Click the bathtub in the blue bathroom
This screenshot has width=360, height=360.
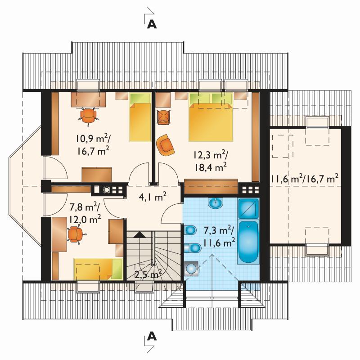[248, 242]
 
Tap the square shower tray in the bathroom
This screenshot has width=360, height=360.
[248, 208]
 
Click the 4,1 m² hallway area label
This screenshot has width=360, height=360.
[153, 197]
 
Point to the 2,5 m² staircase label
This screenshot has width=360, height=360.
[148, 274]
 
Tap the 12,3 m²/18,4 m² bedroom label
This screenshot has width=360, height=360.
[211, 162]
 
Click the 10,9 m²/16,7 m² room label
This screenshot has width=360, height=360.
[93, 145]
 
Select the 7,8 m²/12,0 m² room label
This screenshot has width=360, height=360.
[85, 213]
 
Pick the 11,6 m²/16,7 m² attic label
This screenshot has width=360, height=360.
[305, 178]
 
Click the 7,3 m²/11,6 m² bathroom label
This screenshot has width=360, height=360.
[219, 237]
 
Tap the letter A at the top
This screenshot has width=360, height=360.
[152, 24]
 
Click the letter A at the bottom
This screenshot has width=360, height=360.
[152, 336]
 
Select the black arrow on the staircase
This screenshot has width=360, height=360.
[139, 234]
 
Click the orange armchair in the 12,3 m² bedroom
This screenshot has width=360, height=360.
[165, 144]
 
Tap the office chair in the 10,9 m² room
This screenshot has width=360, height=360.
[88, 116]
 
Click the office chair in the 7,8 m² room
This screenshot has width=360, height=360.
[76, 234]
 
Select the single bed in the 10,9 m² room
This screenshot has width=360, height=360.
[140, 117]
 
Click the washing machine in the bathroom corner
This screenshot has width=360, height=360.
[191, 268]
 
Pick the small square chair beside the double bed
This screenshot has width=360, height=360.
[164, 117]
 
